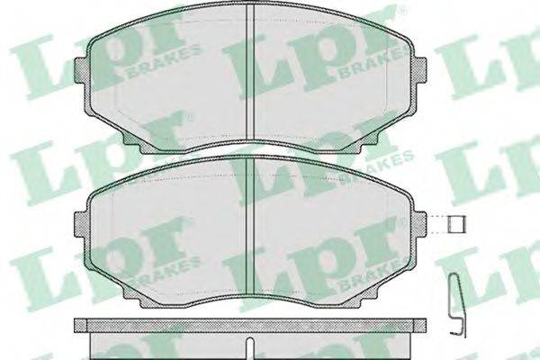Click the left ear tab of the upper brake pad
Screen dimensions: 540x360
[x=80, y=70]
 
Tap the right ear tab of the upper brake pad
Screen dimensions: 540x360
[x=420, y=70]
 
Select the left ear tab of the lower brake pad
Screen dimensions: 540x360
[x=80, y=224]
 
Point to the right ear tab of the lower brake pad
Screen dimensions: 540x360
[x=420, y=224]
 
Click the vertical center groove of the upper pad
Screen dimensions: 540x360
[x=250, y=73]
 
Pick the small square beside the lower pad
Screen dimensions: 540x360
[x=456, y=224]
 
